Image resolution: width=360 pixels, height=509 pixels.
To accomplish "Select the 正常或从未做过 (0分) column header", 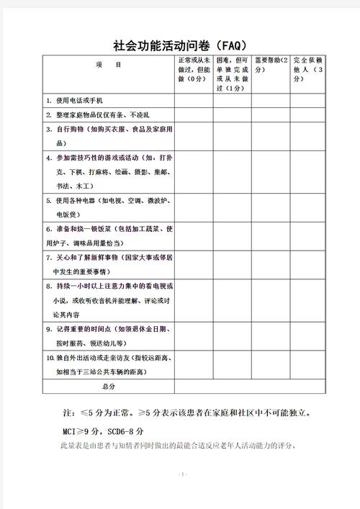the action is tap(193, 70).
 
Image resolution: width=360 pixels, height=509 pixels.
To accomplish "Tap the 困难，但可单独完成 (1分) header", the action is tap(232, 74).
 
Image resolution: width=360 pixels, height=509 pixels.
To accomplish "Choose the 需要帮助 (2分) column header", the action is tap(271, 65).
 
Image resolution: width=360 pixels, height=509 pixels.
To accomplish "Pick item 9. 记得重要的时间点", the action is tap(108, 335).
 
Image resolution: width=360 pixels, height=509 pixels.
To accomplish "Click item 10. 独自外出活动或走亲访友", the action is tap(108, 364).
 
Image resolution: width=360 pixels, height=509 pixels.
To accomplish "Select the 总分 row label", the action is tap(108, 387).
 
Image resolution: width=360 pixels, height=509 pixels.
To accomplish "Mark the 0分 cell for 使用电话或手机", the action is tap(193, 101).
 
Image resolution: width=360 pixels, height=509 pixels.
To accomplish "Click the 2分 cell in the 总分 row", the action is tap(271, 387).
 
